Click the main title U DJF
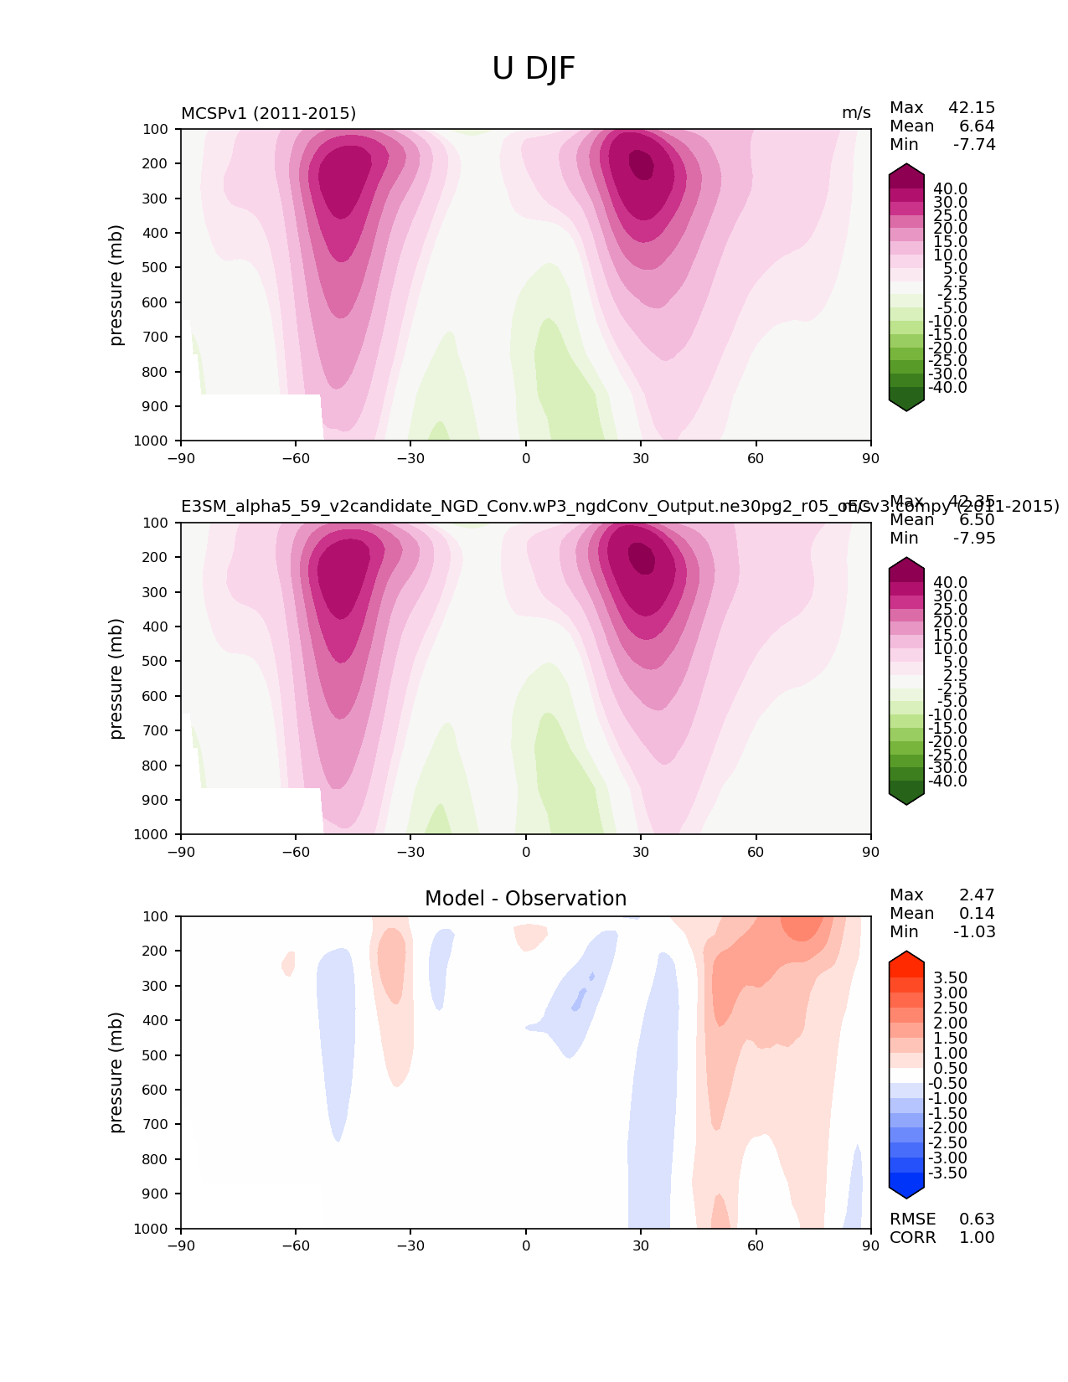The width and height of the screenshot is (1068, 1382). coord(534,69)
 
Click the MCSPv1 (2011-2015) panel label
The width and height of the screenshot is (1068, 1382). coord(268,113)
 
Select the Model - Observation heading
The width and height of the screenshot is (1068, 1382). coord(525,899)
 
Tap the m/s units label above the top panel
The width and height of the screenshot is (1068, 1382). coord(856,113)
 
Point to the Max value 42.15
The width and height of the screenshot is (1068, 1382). coord(972,108)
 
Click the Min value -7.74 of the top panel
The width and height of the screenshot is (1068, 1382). coord(974,145)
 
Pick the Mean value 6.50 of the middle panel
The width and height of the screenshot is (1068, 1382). coord(977,520)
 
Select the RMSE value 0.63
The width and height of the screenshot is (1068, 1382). coord(977,1220)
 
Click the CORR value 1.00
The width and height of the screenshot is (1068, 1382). coord(977,1238)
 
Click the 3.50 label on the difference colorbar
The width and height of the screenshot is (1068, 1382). coord(950,978)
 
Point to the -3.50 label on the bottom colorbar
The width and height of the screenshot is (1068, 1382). coord(947,1173)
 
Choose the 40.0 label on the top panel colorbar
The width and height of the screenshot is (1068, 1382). coord(950,189)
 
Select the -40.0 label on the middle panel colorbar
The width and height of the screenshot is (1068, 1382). coord(947,781)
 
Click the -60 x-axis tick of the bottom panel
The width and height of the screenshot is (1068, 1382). coord(296,1246)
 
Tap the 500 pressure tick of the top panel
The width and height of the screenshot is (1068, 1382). coord(157,268)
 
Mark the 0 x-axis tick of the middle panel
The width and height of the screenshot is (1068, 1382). coord(526,853)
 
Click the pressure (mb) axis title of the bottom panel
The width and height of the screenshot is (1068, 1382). coord(116,1072)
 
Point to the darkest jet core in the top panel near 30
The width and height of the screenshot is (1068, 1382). coord(641,162)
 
